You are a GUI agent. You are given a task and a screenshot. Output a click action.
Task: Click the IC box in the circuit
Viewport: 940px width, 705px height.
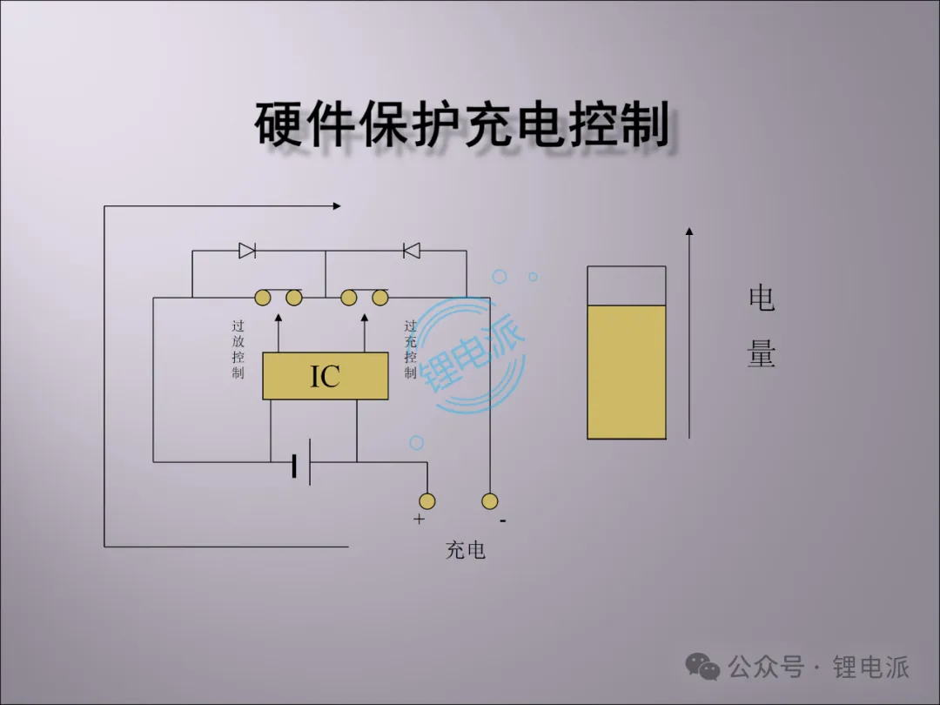[326, 377]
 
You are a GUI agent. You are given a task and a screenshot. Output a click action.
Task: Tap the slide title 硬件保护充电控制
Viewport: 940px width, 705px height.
[462, 124]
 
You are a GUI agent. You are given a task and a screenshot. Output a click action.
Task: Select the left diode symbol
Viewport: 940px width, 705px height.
[247, 251]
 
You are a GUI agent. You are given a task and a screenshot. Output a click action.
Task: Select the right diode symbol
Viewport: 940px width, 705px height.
[412, 251]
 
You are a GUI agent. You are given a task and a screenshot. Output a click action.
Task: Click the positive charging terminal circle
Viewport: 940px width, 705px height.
[426, 500]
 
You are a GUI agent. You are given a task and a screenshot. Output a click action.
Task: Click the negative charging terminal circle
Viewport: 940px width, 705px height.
[490, 500]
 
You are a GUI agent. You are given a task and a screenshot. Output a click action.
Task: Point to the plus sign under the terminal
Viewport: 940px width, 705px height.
[419, 520]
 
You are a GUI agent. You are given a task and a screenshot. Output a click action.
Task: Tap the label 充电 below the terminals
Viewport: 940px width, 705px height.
[466, 550]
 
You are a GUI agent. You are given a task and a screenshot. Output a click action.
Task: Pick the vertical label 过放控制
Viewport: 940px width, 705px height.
[238, 349]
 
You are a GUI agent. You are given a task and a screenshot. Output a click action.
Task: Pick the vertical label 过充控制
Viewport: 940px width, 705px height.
[411, 349]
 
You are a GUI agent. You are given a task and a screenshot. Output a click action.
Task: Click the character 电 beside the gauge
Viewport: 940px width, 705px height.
[762, 299]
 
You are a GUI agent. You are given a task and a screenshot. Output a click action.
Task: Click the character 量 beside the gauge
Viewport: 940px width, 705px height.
[762, 354]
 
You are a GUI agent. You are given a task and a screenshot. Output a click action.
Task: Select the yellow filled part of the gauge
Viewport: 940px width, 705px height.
[627, 372]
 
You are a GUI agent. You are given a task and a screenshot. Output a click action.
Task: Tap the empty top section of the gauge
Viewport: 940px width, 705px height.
[627, 285]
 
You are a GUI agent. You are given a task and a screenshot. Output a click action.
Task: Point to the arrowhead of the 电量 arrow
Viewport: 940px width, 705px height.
[689, 232]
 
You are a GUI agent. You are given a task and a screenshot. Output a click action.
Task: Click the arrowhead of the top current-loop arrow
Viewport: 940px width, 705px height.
[336, 206]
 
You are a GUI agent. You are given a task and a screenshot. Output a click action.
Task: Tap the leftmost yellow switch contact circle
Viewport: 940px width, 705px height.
[262, 299]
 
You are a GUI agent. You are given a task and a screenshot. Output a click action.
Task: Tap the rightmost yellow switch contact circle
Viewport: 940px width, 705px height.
[380, 299]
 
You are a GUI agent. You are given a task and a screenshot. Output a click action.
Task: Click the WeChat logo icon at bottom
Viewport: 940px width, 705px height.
[702, 667]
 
